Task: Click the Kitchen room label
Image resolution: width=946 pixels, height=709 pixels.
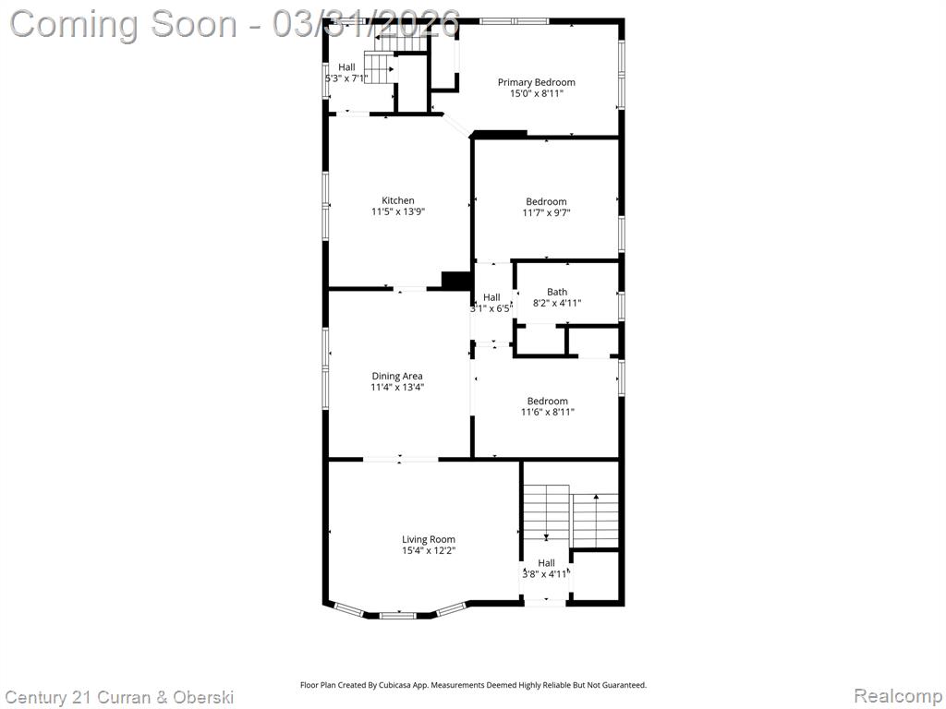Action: pos(398,200)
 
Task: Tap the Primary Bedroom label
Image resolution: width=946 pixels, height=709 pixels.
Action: pos(537,82)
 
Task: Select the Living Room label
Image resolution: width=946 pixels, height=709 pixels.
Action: pos(429,539)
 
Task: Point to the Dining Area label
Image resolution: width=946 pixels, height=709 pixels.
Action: pos(397,377)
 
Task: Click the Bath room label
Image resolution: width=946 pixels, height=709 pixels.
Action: pos(557,293)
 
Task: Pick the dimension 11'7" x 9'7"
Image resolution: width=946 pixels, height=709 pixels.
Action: pos(546,213)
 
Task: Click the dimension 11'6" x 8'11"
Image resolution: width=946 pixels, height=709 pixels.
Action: pos(547,413)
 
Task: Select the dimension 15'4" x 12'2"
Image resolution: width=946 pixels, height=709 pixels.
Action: pos(429,551)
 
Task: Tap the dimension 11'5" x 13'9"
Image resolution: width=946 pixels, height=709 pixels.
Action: pos(398,212)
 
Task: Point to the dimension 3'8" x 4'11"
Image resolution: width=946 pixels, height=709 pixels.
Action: pos(545,574)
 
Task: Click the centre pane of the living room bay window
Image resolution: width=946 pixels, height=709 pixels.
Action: pos(397,616)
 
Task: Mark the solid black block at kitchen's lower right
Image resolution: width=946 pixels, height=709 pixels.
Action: pos(456,281)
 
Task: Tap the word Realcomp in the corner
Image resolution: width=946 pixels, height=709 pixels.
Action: pos(899,696)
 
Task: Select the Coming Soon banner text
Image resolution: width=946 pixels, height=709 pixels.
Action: pos(236,25)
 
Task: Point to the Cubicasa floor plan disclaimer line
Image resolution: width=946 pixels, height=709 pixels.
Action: pos(474,686)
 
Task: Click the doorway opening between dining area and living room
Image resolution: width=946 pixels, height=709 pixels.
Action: pos(401,460)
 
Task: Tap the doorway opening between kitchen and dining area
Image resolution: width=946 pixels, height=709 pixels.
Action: pos(409,290)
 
